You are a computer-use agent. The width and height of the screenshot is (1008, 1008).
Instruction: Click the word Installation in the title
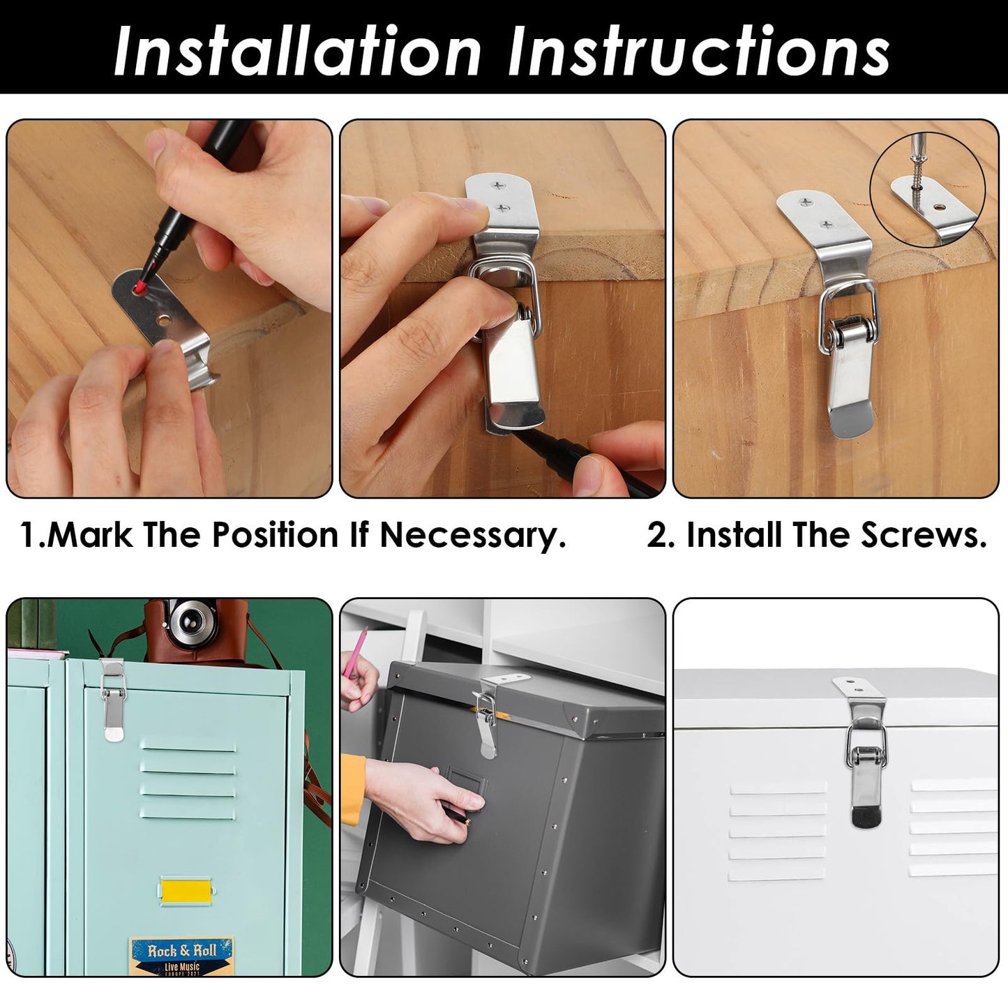coord(296,50)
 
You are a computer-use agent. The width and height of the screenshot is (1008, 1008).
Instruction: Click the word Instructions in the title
coord(698,50)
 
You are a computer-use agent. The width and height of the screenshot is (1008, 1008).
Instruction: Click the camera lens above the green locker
coord(186,618)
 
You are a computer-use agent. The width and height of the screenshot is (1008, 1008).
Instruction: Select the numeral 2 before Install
coord(657,536)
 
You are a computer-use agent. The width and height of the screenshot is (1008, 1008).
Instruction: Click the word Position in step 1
coord(276,536)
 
